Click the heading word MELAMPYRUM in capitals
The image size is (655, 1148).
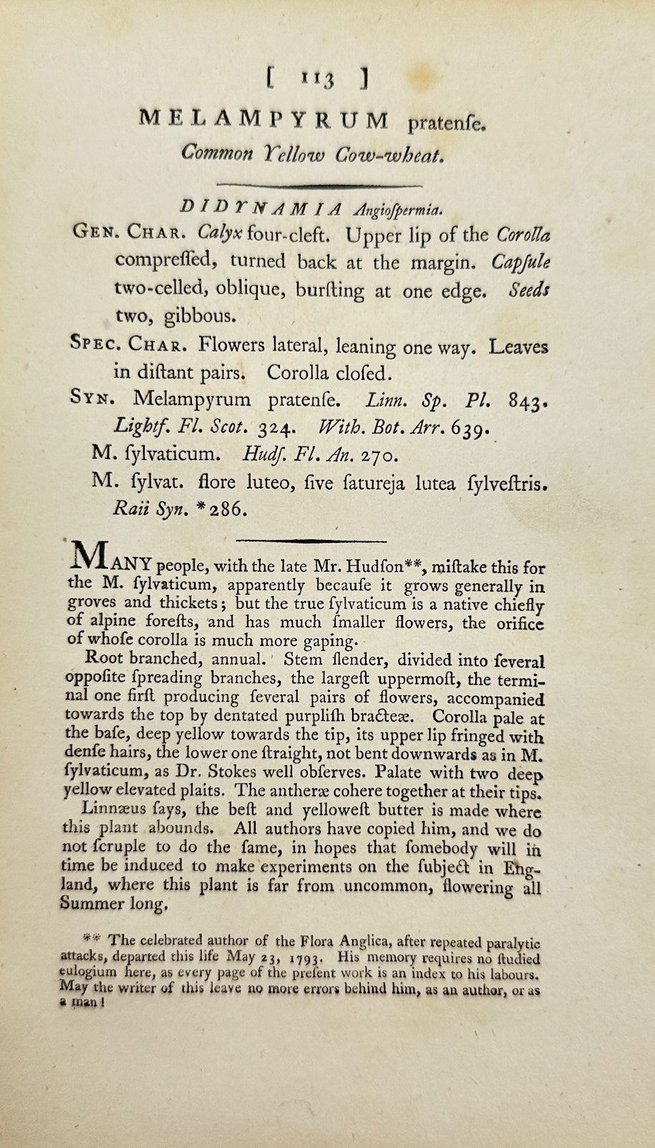click(263, 121)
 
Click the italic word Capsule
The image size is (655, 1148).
click(520, 262)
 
